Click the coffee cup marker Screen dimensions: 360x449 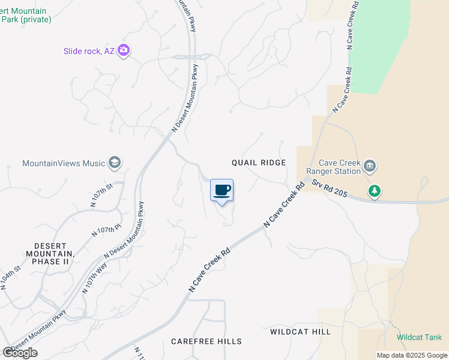point(221,190)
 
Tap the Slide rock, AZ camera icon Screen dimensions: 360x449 point(124,50)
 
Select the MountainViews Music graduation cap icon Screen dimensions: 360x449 point(115,163)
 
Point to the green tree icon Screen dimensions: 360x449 point(375,191)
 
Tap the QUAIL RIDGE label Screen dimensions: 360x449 point(259,163)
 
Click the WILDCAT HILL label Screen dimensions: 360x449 point(300,331)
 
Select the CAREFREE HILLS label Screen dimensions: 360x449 point(206,341)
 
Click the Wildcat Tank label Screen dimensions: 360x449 point(419,337)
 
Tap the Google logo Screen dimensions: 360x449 point(20,353)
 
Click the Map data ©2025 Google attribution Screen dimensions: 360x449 point(412,355)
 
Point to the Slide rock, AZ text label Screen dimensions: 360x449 point(89,51)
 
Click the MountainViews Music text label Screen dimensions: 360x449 point(64,163)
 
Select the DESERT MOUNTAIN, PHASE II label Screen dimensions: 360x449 point(50,253)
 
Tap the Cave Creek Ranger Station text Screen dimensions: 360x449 point(339,166)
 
